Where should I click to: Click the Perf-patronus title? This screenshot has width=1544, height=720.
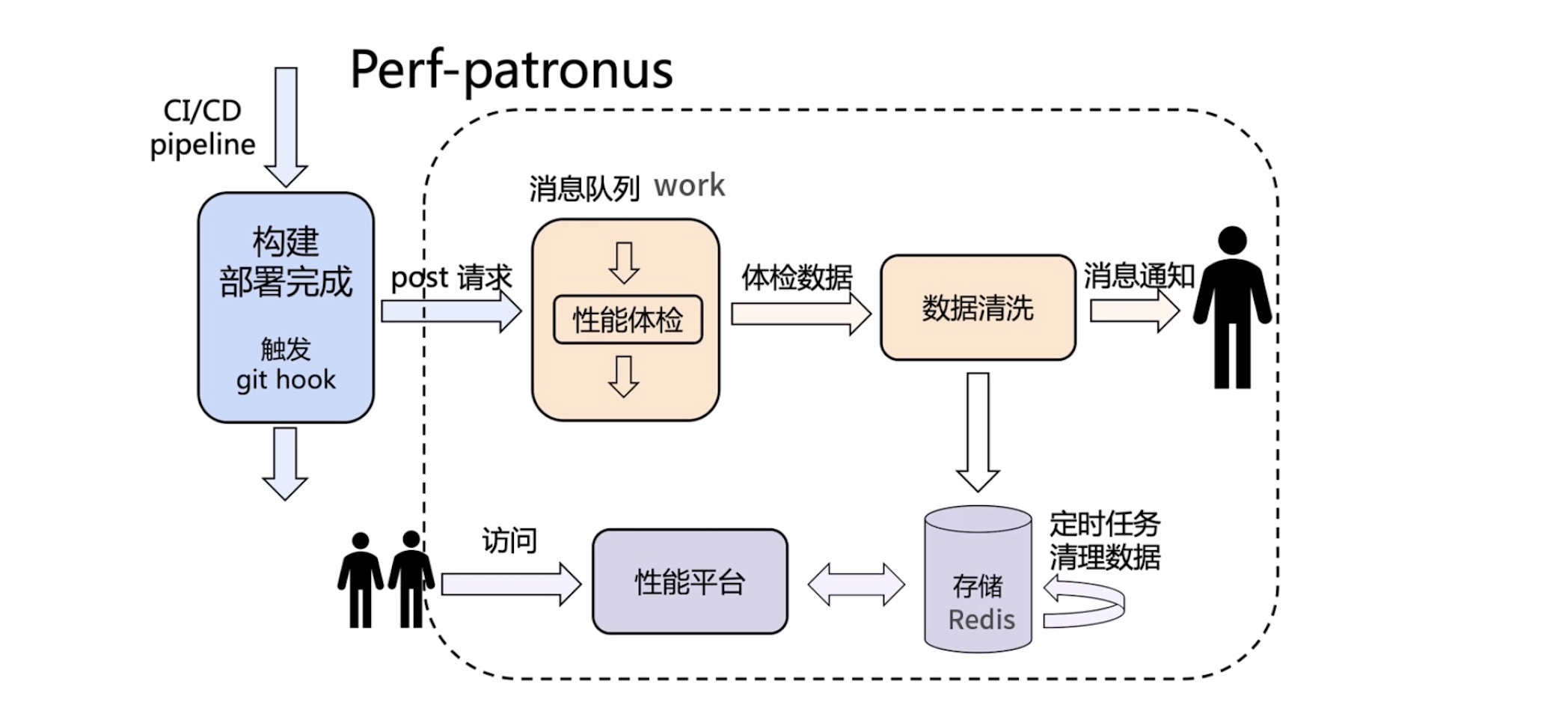pos(511,70)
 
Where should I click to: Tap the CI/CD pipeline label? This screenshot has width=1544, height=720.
pos(203,127)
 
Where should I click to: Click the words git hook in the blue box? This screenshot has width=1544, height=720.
pos(286,379)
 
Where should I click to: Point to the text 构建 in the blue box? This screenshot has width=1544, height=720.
pos(286,242)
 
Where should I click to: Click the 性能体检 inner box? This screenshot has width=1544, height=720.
pos(628,320)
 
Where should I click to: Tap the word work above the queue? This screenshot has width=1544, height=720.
pos(689,186)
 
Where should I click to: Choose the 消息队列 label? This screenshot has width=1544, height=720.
pos(584,189)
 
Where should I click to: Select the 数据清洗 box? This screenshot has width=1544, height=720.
pos(978,308)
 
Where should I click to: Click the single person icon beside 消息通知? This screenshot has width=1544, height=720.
pos(1232,307)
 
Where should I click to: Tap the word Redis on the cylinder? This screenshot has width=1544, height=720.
pos(981,620)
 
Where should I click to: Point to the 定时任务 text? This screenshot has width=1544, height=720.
pos(1104,524)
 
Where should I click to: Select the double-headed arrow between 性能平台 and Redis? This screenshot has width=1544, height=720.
pos(857,584)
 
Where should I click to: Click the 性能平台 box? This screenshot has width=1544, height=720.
pos(690,582)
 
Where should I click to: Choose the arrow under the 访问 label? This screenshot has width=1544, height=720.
pos(511,584)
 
